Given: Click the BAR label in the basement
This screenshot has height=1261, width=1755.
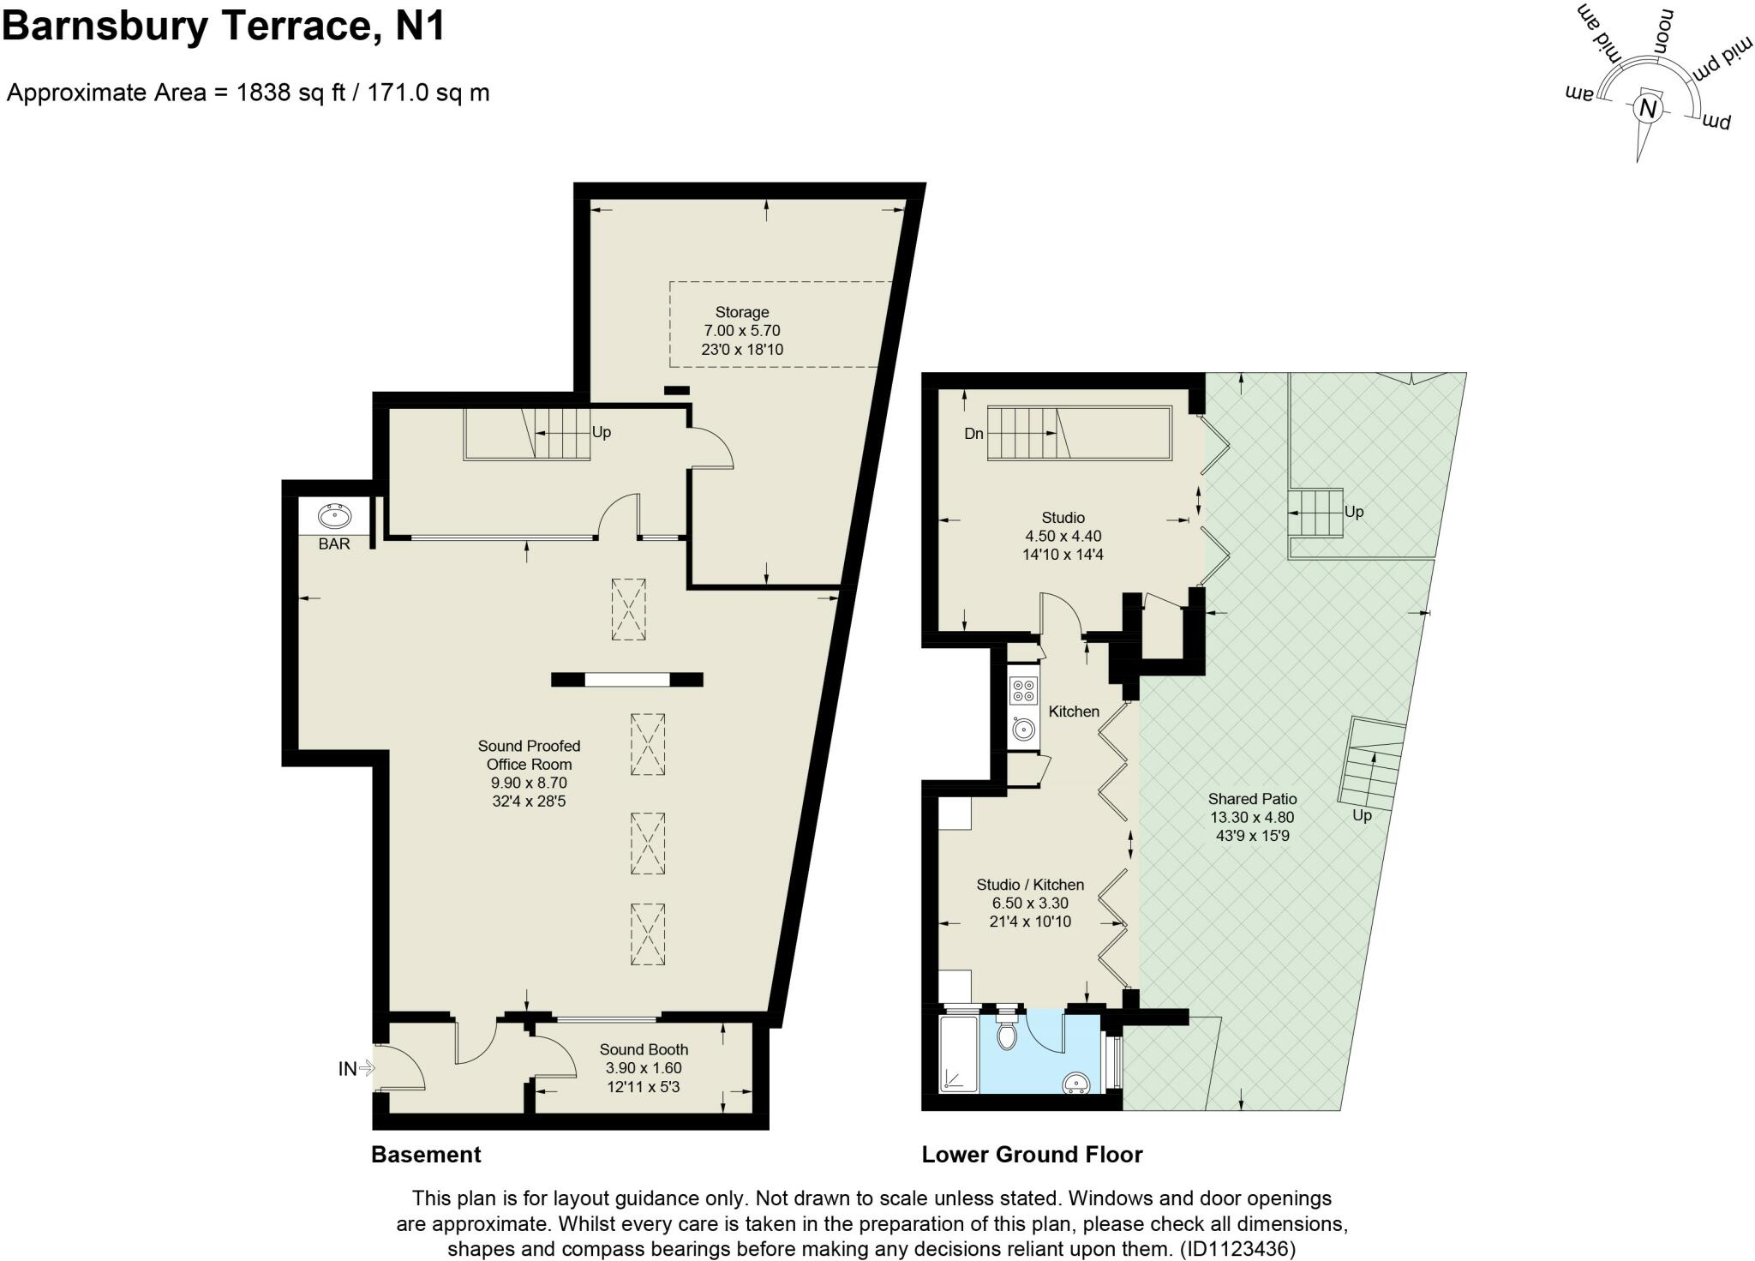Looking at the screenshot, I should (334, 544).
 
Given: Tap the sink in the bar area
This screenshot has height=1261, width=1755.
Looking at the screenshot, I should (334, 517).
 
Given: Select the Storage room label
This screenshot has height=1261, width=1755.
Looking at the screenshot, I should (742, 313).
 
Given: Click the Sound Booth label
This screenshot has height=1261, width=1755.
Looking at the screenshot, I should (644, 1050).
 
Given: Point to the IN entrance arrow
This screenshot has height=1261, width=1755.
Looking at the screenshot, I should (355, 1069).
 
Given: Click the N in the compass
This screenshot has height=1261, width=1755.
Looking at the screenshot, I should (1647, 110).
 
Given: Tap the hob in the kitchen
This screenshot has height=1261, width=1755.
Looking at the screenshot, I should (1023, 690).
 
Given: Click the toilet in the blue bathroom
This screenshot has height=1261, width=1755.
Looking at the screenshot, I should (1008, 1036).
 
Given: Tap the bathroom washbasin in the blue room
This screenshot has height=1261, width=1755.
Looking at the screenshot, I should (1077, 1085).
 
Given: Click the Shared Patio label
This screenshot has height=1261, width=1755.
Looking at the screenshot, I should (1252, 799).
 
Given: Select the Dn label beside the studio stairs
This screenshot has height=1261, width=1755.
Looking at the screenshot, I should (973, 434).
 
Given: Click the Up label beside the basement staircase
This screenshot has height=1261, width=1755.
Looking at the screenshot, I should (602, 432).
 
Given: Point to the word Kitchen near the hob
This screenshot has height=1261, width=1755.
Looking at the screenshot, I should (1074, 712).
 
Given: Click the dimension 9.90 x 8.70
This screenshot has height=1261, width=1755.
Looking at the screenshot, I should (529, 783).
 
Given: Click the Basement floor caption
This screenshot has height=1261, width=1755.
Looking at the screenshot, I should (426, 1155).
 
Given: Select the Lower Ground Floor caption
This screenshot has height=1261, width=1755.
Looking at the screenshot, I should (1032, 1155).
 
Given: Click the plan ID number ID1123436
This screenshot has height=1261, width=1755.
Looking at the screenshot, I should (1237, 1248).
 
